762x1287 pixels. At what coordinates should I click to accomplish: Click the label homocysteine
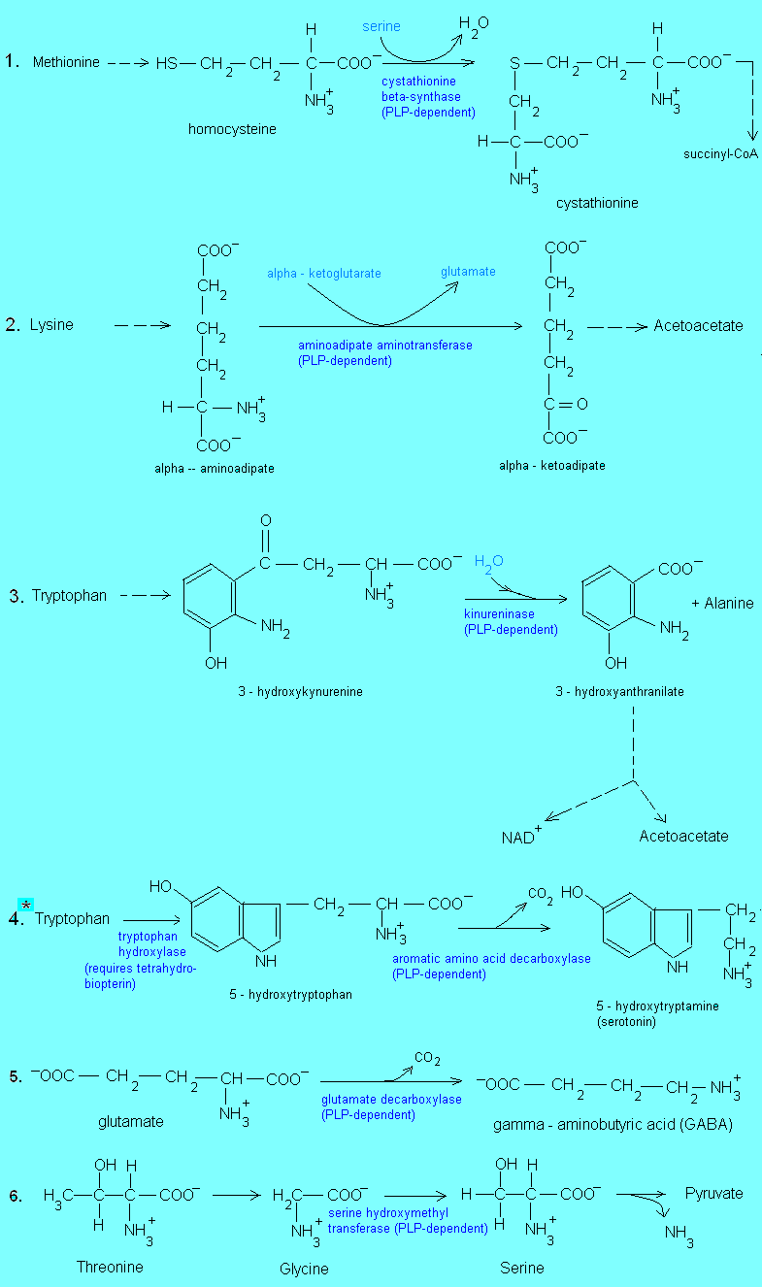coord(231,129)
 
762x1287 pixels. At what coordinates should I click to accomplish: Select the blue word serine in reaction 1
coord(381,26)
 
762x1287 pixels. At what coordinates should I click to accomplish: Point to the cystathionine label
coord(597,203)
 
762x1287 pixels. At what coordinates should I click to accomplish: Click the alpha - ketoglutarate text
coord(324,274)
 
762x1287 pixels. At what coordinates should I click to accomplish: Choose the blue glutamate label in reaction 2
coord(468,272)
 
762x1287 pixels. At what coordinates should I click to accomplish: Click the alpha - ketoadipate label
coord(551,466)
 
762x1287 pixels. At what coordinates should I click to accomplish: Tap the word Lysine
coord(51,325)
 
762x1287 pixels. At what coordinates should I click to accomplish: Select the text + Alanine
coord(722,603)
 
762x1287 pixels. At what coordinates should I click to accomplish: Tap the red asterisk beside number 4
coord(26,905)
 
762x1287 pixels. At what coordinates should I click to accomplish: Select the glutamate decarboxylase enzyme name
coord(391,1100)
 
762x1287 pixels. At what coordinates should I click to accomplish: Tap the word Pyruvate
coord(713,1193)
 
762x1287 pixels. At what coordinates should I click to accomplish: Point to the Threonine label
coord(110,1267)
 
